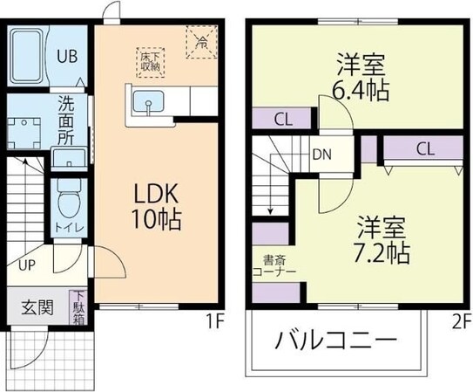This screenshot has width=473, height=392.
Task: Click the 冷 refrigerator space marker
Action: point(200,40)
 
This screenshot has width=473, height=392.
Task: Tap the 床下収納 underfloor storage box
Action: point(150,58)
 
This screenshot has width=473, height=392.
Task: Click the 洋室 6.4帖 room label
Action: point(362,77)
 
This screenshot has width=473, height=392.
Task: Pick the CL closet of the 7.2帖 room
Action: point(423,148)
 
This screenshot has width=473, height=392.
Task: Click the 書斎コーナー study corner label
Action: point(274,265)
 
